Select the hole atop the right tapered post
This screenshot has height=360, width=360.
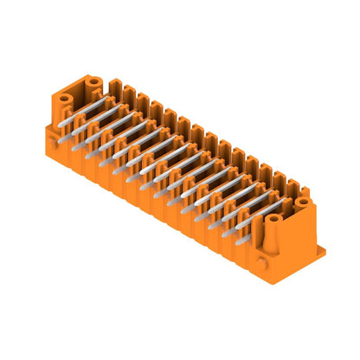click(x=273, y=219)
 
